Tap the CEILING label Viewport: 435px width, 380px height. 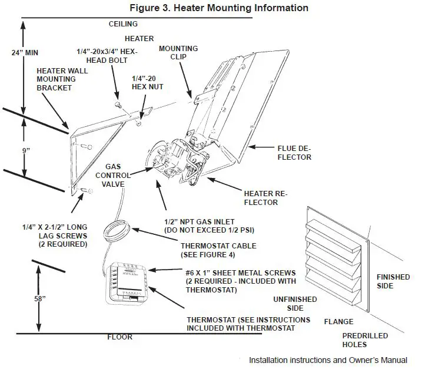(x=123, y=24)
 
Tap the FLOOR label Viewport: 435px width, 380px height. (x=119, y=337)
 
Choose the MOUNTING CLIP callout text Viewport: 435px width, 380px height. (x=178, y=53)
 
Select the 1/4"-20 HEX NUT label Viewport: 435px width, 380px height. (x=147, y=82)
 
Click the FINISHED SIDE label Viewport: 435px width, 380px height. (x=393, y=281)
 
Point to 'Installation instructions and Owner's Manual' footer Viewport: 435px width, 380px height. (x=328, y=360)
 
